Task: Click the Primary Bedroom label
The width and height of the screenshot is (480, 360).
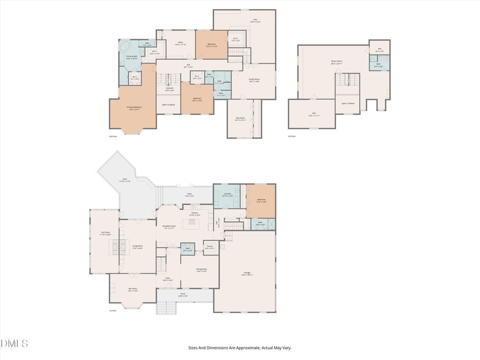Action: click(133, 108)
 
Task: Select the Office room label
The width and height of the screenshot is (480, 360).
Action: click(180, 43)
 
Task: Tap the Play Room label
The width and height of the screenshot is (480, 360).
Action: click(240, 119)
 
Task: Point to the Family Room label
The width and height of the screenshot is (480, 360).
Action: click(254, 81)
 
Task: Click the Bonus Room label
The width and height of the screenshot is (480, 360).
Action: click(336, 62)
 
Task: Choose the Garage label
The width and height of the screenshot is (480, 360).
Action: click(247, 274)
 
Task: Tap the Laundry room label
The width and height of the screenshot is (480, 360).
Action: click(227, 195)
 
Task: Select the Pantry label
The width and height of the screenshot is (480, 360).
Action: click(210, 247)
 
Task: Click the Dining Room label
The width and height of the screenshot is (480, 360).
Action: click(202, 270)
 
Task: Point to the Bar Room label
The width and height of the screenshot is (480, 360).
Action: click(133, 290)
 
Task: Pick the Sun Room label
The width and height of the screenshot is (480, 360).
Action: click(106, 233)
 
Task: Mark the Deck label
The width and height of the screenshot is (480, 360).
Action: click(124, 180)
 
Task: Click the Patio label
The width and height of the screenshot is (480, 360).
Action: click(189, 195)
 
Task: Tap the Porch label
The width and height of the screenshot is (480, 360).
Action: click(183, 295)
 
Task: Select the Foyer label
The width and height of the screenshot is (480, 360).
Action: click(167, 279)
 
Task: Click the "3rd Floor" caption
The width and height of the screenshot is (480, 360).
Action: click(291, 137)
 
